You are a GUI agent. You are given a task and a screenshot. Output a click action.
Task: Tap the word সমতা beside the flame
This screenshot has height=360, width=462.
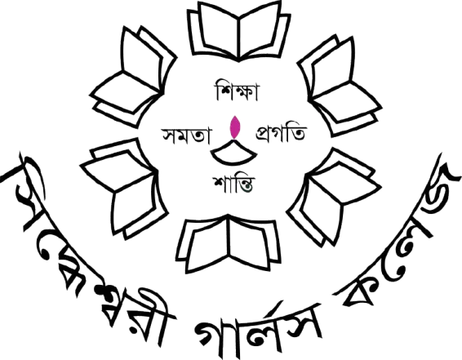point(186,136)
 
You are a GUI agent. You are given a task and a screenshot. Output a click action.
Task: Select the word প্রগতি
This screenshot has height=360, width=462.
point(281,134)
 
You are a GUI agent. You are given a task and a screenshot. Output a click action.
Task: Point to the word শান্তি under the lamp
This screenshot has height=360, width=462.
point(233,184)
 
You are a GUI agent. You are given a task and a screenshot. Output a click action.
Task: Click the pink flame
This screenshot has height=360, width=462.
point(235,127)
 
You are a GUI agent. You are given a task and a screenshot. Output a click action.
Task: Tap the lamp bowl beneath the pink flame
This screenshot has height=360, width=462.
point(233,154)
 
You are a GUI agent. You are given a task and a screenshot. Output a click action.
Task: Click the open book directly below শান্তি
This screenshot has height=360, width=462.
point(229,243)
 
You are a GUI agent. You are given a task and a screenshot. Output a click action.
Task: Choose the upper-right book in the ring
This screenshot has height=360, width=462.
point(340,86)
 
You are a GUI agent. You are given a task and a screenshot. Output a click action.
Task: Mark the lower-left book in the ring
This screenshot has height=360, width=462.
point(124,189)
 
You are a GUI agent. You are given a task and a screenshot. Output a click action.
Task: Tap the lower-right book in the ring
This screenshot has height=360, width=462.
point(334,197)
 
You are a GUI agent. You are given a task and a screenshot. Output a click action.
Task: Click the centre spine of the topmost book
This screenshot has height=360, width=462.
point(238,38)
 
